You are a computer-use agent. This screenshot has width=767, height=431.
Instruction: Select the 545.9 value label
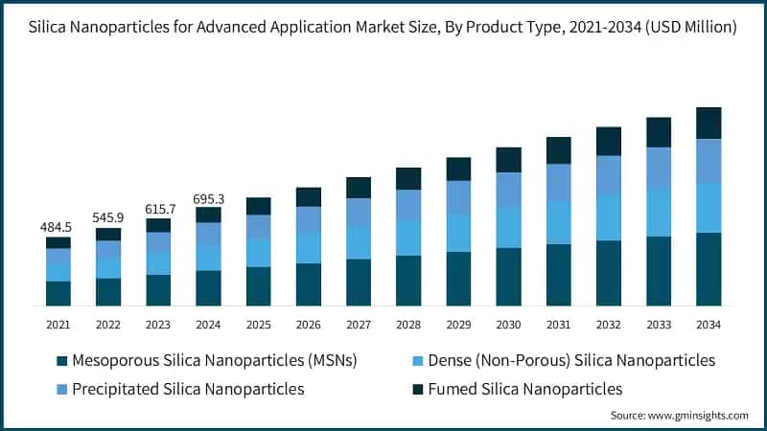[108, 217]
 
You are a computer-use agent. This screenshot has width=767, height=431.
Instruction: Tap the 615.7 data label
[158, 209]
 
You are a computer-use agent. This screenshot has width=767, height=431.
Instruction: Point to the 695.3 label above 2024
[208, 197]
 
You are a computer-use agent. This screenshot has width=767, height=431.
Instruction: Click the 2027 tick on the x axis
[358, 325]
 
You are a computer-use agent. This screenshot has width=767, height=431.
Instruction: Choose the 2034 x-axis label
[708, 325]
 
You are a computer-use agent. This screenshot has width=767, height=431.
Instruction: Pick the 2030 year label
[508, 325]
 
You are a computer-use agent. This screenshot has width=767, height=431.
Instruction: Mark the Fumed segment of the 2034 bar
[708, 123]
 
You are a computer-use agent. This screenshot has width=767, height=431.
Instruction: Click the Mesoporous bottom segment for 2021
[58, 293]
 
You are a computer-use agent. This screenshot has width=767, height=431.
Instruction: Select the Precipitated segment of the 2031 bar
[558, 183]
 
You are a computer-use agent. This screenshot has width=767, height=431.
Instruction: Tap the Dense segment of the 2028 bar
[408, 238]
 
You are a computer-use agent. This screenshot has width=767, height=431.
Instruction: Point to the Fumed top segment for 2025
[258, 206]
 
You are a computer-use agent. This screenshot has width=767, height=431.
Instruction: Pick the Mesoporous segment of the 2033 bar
[658, 271]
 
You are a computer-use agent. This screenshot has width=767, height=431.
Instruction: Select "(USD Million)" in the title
[686, 28]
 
